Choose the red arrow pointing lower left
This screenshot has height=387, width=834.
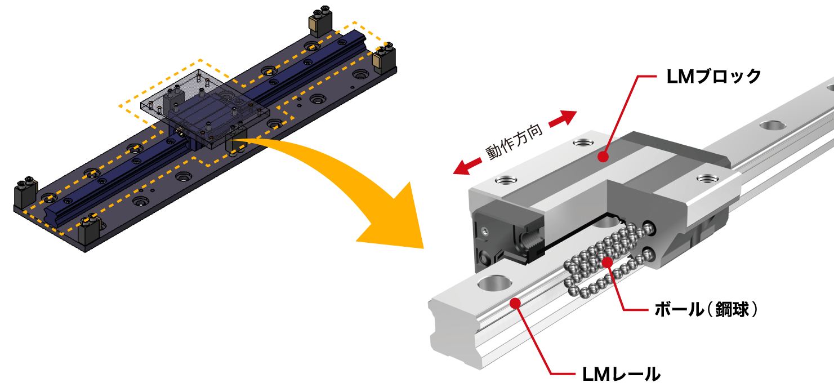point(467,166)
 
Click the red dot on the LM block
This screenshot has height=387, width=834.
point(603,155)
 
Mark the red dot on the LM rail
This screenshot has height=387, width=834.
point(513,304)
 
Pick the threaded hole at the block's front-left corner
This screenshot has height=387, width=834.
point(505,181)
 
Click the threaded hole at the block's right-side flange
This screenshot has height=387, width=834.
point(704,178)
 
